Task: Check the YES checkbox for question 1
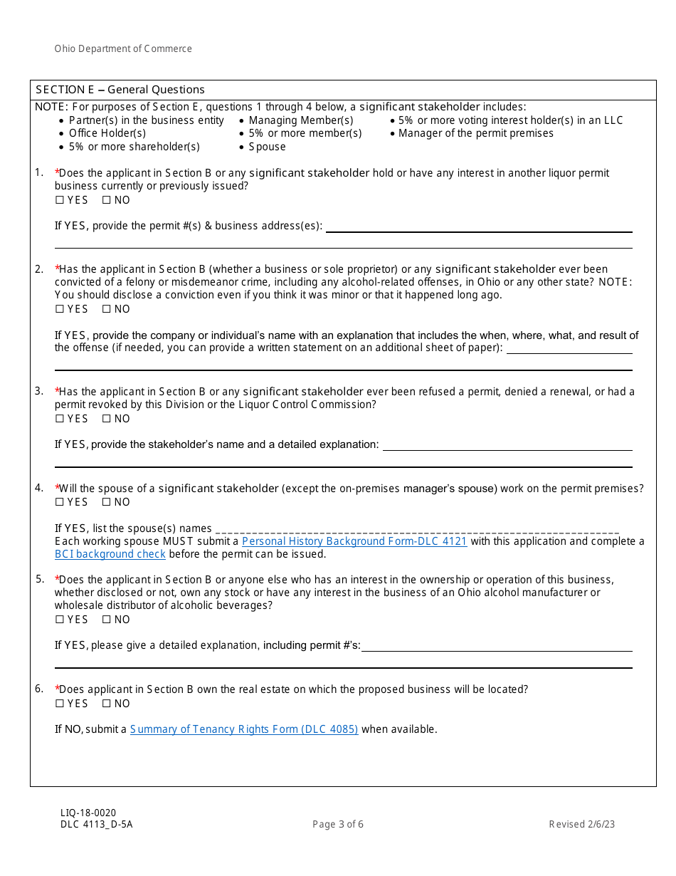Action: point(60,200)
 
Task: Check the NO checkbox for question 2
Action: point(107,309)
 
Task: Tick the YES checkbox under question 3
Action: point(60,419)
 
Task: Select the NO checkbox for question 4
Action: point(107,502)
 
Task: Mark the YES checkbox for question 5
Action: point(60,620)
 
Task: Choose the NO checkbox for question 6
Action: point(107,704)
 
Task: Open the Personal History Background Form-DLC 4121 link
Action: point(354,541)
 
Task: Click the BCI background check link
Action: point(110,554)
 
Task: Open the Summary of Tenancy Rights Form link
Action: point(243,729)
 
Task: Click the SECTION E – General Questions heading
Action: point(120,90)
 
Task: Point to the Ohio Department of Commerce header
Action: point(123,49)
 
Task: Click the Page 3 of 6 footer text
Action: point(338,825)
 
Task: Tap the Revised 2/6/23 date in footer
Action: point(581,825)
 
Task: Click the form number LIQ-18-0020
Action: point(88,813)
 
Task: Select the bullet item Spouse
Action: point(267,147)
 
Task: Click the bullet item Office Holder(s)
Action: point(107,133)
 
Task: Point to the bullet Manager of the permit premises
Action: point(475,133)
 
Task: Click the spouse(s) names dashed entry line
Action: point(416,530)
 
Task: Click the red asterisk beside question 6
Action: point(57,689)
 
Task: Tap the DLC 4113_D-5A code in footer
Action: point(96,825)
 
